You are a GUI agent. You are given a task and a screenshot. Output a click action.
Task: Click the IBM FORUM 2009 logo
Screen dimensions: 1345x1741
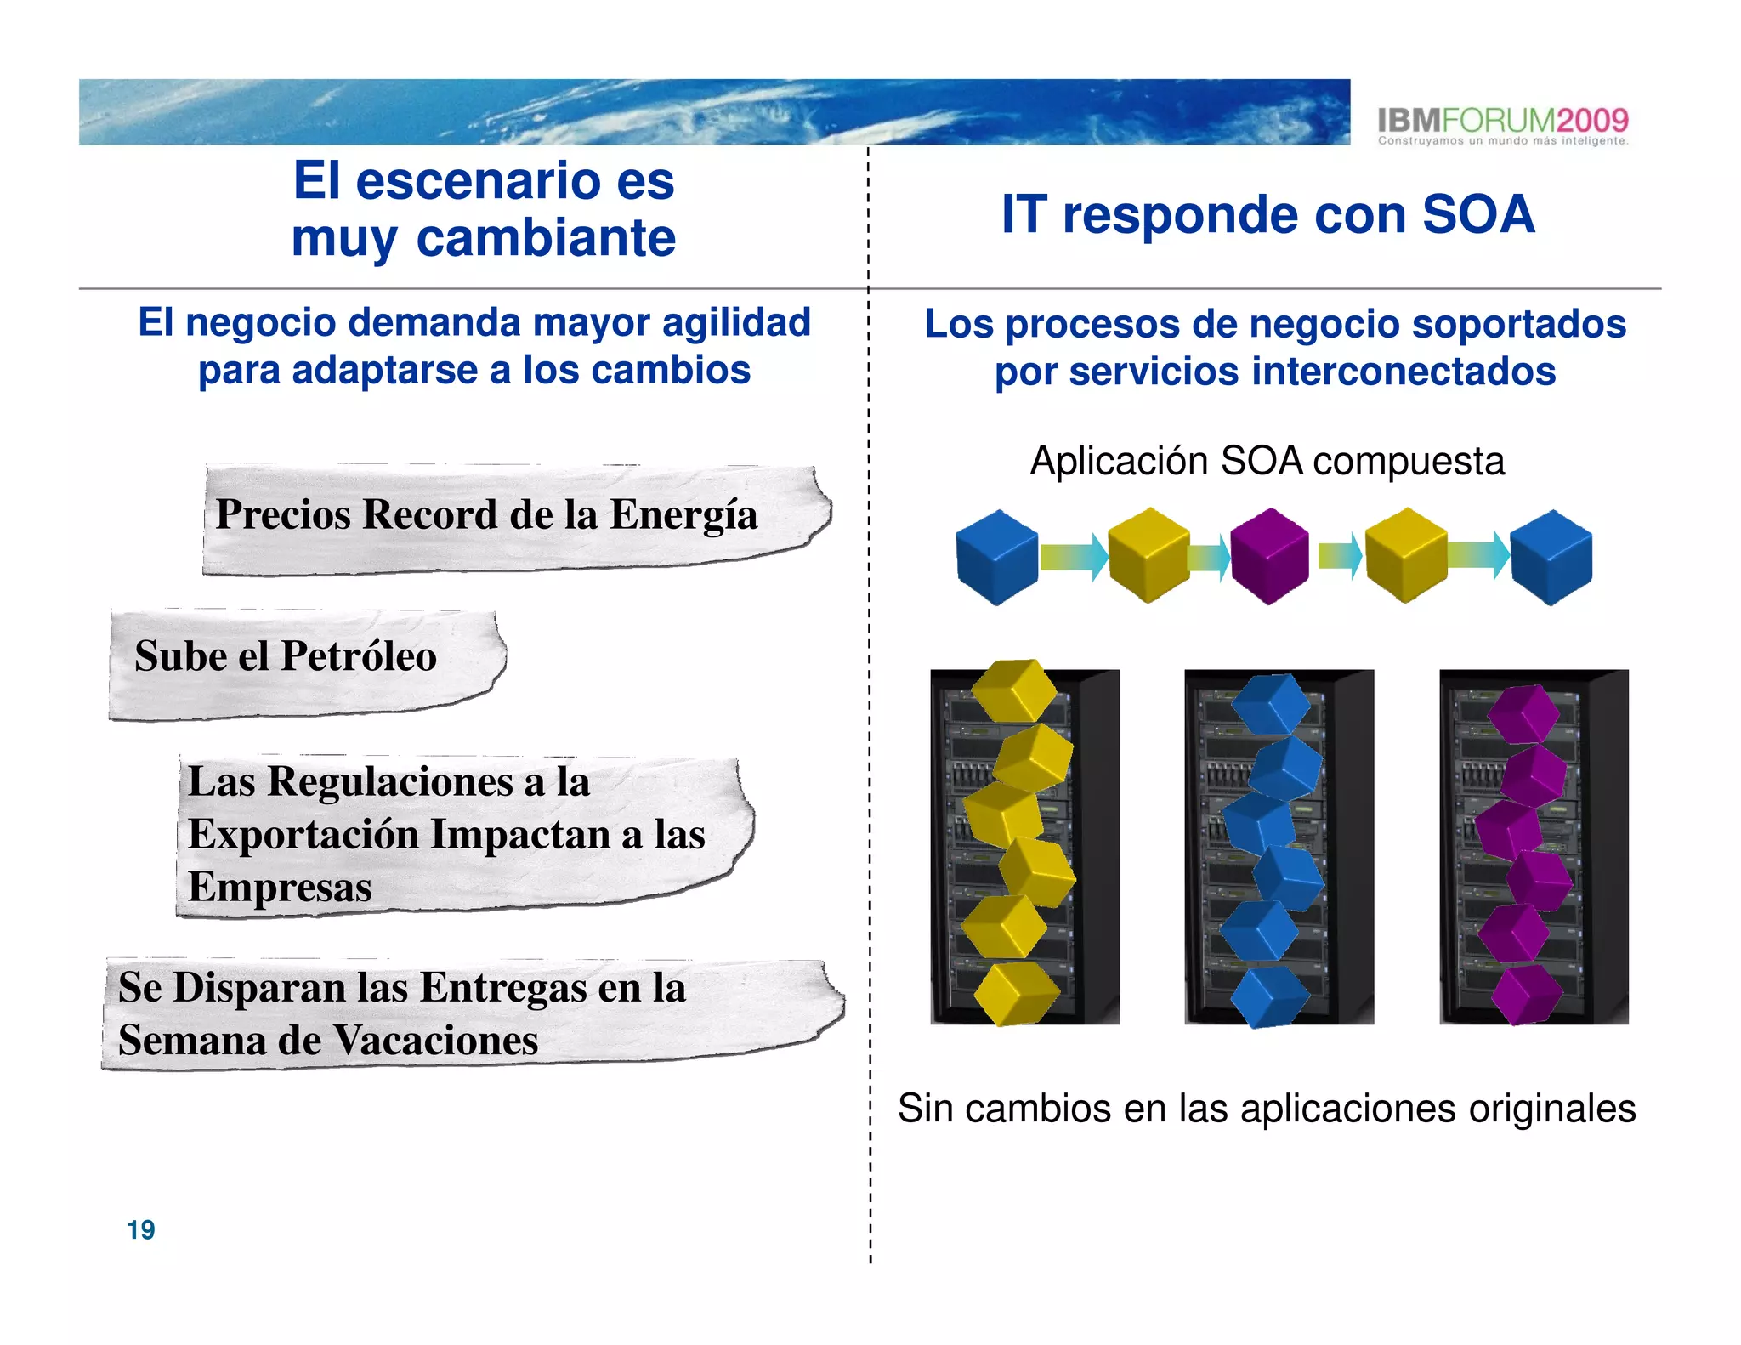(x=1502, y=126)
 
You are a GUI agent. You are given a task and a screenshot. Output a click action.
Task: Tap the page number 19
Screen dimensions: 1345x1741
(x=140, y=1229)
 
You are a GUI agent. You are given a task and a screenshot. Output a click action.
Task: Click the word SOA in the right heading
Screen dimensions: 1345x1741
(x=1478, y=214)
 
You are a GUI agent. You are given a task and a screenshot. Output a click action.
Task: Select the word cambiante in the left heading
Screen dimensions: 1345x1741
(x=546, y=238)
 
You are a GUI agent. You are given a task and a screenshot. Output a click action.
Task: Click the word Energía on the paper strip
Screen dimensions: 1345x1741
(x=683, y=515)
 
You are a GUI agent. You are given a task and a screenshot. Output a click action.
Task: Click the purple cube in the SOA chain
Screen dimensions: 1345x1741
(x=1269, y=556)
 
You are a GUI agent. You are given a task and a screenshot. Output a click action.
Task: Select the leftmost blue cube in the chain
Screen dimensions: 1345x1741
(x=996, y=557)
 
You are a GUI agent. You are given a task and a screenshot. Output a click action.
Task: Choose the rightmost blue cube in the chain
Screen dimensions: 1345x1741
(x=1551, y=557)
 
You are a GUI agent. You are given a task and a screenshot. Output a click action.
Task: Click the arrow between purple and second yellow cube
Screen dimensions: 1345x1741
(x=1340, y=557)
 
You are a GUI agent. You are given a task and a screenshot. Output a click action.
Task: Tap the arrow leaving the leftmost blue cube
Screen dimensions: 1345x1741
(x=1074, y=557)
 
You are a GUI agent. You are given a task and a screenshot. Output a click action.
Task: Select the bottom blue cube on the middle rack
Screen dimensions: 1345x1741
(x=1269, y=996)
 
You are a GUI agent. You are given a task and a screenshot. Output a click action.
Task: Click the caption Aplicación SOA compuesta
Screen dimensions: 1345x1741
(x=1267, y=462)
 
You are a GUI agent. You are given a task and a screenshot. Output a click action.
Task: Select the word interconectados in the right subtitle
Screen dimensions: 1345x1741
(x=1404, y=372)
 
